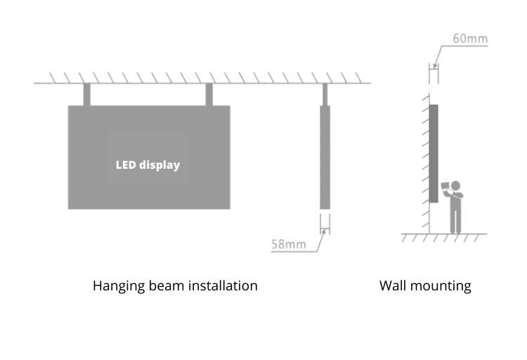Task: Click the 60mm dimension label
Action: (469, 39)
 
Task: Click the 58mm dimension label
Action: (288, 244)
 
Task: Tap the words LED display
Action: (148, 165)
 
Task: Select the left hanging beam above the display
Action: (87, 95)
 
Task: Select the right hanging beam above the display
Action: (209, 95)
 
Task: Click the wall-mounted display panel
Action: (434, 153)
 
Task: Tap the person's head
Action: (455, 186)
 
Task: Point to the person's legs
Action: (456, 219)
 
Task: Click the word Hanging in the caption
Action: (116, 286)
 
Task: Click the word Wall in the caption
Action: (391, 286)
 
